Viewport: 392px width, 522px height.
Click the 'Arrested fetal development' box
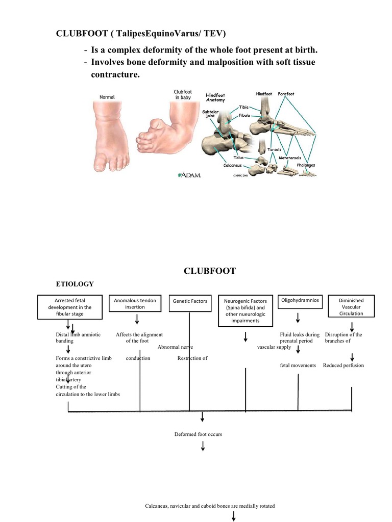coord(70,307)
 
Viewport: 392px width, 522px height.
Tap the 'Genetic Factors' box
coord(190,301)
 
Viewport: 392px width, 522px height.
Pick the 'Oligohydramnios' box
coord(300,301)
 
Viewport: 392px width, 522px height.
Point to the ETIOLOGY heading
coord(75,283)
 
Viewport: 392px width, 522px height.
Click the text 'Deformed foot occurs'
coord(198,434)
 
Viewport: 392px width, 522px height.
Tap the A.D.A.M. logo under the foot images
coord(189,175)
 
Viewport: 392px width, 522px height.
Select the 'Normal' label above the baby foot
coord(107,97)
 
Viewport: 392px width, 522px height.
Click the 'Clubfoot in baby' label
coord(182,95)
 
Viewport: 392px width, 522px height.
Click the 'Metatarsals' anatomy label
coord(289,159)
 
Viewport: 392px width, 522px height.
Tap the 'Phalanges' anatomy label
coord(306,165)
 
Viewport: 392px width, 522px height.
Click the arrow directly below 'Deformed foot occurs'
coord(203,447)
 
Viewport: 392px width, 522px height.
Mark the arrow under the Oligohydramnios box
coord(298,319)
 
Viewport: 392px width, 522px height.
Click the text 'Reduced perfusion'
coord(343,366)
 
